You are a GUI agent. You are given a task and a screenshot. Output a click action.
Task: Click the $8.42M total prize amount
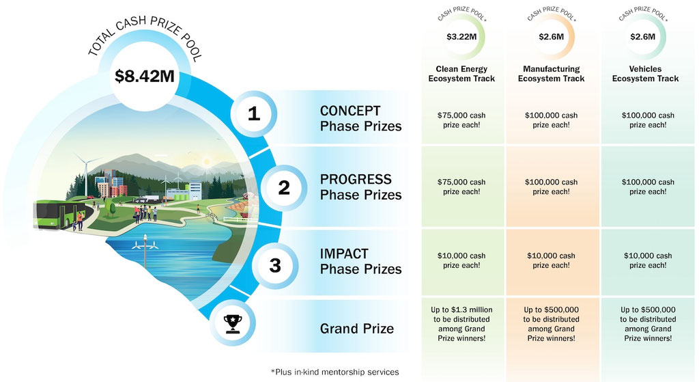click(x=145, y=76)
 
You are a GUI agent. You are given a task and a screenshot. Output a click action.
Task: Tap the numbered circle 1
click(x=254, y=114)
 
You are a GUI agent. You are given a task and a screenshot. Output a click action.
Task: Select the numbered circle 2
click(x=284, y=188)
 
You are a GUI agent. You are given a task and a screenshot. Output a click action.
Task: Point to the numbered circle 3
click(x=275, y=266)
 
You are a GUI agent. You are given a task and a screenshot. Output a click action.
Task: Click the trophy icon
click(x=233, y=323)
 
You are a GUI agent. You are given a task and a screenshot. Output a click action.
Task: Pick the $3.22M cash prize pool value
click(x=461, y=37)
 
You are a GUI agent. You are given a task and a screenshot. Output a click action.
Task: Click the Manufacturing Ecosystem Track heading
click(x=551, y=74)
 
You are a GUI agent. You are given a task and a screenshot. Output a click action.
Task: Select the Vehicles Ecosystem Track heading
click(x=645, y=74)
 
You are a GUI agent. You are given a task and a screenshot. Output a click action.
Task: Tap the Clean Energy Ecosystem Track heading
click(x=461, y=74)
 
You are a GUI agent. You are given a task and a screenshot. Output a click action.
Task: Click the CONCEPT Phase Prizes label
click(x=360, y=118)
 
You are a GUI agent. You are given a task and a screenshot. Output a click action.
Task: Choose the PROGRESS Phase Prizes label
click(x=360, y=187)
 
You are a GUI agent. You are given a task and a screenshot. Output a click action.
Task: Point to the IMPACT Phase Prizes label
click(x=360, y=261)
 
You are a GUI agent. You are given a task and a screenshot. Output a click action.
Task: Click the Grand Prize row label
click(x=356, y=329)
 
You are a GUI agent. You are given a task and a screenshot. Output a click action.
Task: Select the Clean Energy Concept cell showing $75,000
click(x=461, y=120)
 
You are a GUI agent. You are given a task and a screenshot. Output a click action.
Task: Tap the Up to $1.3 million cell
click(x=461, y=324)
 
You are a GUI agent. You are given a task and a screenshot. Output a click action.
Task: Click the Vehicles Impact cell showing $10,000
click(x=648, y=260)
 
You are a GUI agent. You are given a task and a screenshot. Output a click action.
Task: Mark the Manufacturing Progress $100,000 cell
click(x=551, y=187)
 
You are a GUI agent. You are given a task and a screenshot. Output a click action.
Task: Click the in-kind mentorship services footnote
click(x=334, y=372)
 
